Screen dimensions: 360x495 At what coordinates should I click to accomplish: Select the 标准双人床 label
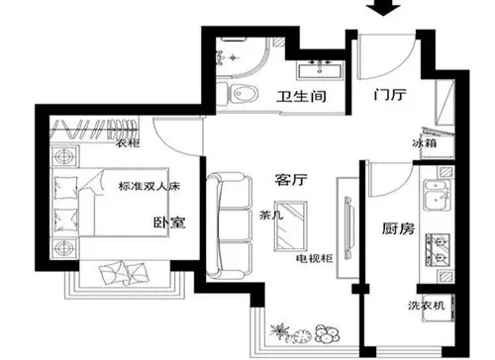[x=148, y=186]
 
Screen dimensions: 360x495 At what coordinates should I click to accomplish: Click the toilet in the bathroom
[x=241, y=94]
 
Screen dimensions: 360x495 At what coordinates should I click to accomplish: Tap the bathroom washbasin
[x=320, y=68]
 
